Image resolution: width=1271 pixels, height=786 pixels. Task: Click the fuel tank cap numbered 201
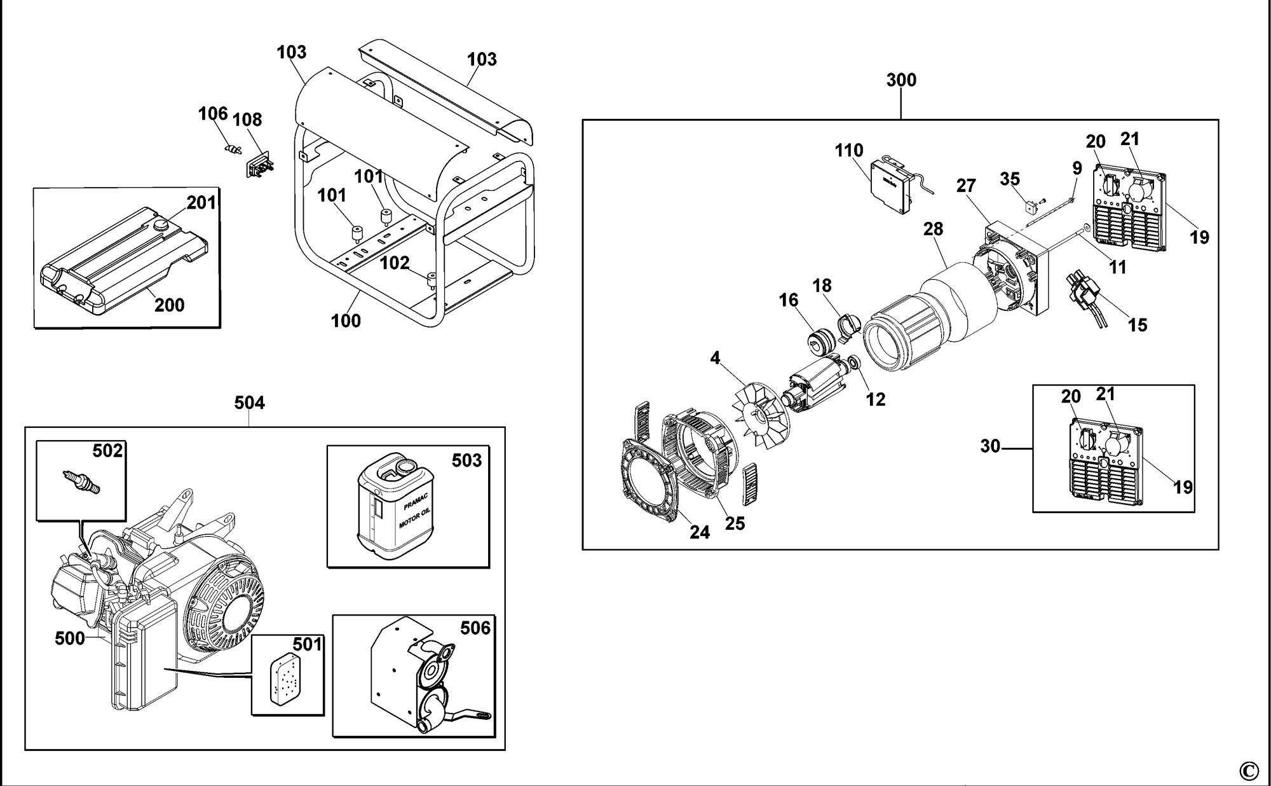click(161, 226)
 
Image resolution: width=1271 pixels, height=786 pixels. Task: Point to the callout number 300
click(901, 81)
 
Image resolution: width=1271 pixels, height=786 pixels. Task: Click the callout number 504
click(249, 403)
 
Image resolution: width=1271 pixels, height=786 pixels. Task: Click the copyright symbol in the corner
click(1249, 771)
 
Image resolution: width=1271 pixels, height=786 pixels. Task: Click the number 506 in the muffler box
click(475, 628)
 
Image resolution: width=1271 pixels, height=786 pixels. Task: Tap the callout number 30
click(990, 447)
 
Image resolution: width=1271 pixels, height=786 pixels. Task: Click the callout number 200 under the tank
click(170, 305)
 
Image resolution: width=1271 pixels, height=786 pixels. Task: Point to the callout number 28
click(933, 230)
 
